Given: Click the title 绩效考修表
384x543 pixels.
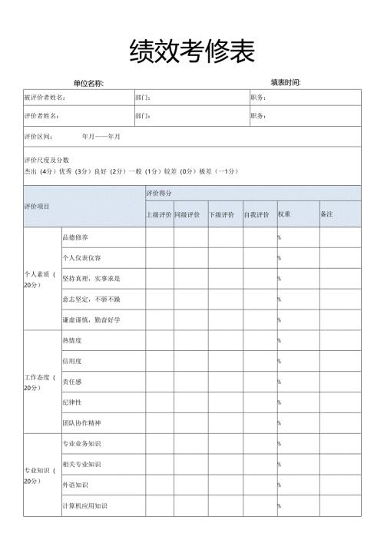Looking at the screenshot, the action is coord(192,51).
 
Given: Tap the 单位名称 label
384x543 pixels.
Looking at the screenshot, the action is coord(88,83).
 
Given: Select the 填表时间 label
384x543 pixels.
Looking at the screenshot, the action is coord(285,82).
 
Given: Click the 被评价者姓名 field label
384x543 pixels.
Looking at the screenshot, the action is coord(45,98).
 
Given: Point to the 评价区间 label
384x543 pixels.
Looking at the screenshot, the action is coord(38,136).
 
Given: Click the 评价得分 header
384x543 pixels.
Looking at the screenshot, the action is coord(159,194).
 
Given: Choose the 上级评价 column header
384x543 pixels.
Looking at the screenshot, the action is coord(159,214).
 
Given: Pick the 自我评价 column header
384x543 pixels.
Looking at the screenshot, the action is coord(257,214).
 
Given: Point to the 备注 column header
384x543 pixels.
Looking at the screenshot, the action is coord(326,214).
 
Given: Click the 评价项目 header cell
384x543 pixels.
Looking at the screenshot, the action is coord(37,206).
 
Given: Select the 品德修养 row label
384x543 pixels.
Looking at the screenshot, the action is coord(75,237).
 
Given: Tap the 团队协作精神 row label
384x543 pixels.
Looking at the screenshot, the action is coord(81,422).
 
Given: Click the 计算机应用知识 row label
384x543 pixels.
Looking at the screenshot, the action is coord(84,505).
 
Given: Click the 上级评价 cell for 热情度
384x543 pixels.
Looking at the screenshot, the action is coord(159,340).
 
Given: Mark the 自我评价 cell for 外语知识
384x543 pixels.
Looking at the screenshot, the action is coord(259,485).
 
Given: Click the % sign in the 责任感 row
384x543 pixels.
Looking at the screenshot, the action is coord(280,382).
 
